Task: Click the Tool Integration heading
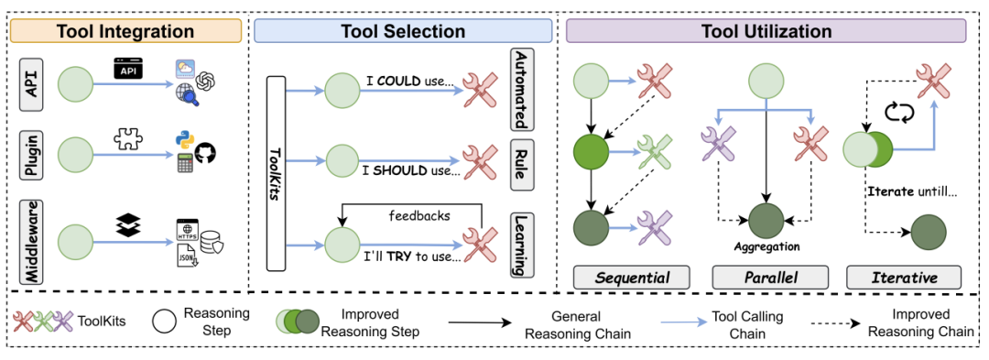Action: click(125, 31)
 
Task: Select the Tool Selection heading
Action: click(402, 31)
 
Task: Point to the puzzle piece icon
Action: click(129, 138)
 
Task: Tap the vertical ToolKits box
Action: click(277, 173)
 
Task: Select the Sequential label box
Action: click(631, 278)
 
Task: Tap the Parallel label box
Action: click(769, 278)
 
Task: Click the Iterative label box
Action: click(904, 278)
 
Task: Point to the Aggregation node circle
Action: click(766, 221)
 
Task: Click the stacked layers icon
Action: click(129, 224)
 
